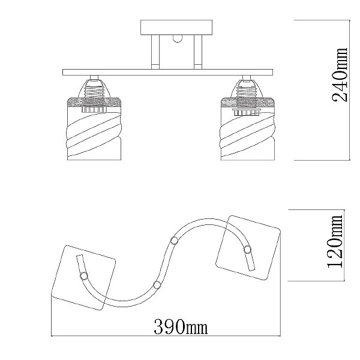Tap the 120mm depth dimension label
(335, 242)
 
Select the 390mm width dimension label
(181, 327)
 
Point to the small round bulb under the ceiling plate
(176, 39)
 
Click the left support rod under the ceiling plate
(155, 52)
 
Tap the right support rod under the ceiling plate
(197, 52)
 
